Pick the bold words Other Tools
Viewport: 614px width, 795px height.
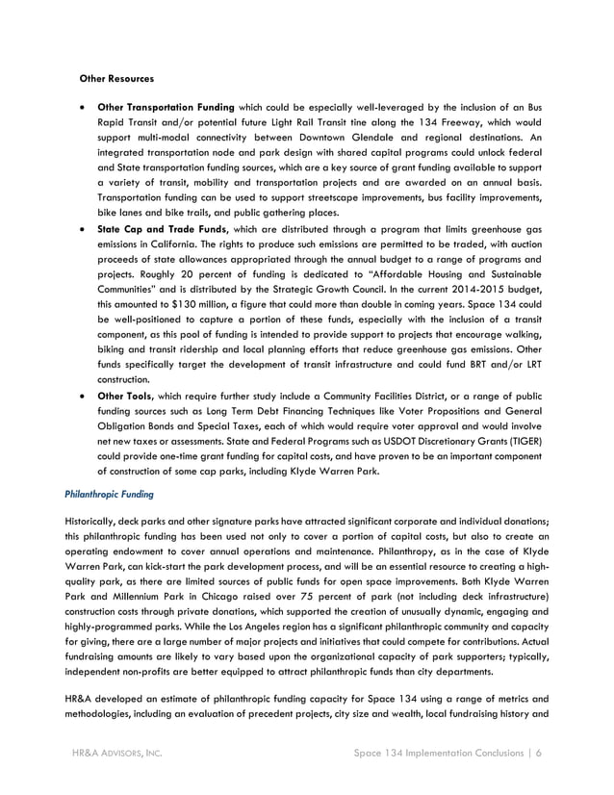(126, 396)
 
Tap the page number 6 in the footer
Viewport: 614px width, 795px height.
(539, 754)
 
